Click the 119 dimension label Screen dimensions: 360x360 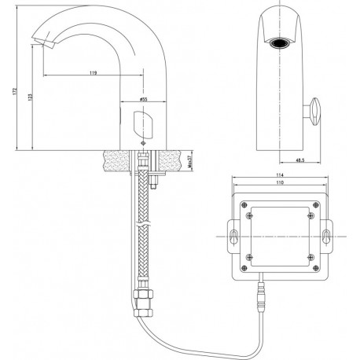pos(94,72)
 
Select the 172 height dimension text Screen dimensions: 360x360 pos(15,91)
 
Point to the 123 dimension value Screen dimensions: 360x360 pos(30,97)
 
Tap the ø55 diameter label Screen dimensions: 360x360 pos(144,99)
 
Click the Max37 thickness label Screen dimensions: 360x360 pos(189,161)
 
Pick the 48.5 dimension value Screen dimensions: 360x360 pos(300,160)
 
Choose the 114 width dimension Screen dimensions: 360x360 pos(280,174)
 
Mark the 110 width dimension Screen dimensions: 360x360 pos(280,182)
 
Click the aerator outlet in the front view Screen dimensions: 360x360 pos(280,43)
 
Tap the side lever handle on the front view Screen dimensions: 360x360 pos(314,112)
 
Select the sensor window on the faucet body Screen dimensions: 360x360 pos(143,125)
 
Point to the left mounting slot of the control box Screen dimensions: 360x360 pos(233,237)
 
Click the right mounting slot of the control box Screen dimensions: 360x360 pos(326,237)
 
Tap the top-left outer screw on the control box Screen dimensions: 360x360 pos(244,204)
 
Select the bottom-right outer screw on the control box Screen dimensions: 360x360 pos(316,268)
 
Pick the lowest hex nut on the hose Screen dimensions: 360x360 pos(143,312)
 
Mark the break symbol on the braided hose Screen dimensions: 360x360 pos(143,224)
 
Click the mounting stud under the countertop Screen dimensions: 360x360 pos(154,182)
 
